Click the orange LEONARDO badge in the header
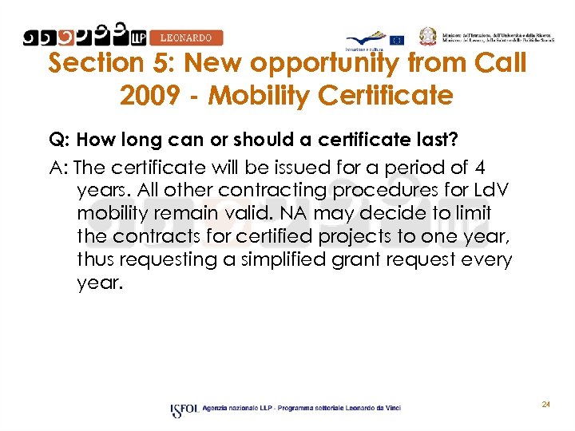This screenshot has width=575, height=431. (x=186, y=38)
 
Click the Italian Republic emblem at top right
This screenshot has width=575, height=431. (x=429, y=35)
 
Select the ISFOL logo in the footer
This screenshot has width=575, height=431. (x=184, y=409)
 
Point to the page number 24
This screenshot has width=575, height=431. (x=545, y=405)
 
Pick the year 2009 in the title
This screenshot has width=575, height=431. (x=150, y=96)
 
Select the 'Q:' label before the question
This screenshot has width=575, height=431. (x=57, y=140)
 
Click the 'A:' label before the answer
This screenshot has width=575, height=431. (x=58, y=168)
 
